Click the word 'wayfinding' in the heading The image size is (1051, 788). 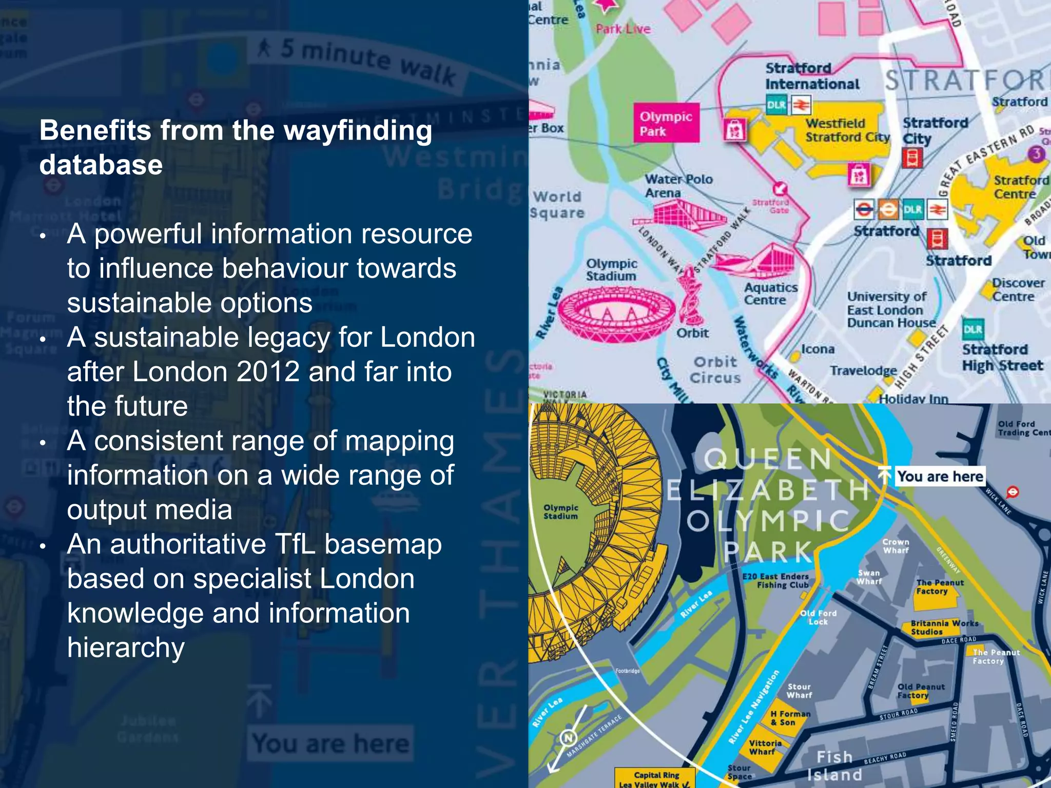tap(358, 131)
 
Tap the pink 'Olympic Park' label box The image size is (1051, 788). tap(666, 123)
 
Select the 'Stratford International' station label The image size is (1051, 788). tap(811, 76)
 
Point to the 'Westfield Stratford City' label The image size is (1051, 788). tap(847, 130)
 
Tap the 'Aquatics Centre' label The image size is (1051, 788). tap(771, 293)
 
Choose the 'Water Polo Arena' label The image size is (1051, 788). tap(678, 186)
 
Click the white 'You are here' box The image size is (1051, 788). tap(940, 476)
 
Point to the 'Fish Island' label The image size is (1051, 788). tap(834, 765)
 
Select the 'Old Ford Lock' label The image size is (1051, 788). tap(818, 617)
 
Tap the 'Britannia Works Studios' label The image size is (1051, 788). tap(944, 627)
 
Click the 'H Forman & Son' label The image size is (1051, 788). tap(790, 718)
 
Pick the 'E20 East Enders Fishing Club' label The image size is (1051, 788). tap(775, 580)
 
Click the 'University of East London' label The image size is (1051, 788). tap(887, 303)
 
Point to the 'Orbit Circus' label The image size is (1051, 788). tap(715, 370)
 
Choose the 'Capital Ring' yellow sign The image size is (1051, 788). tap(656, 778)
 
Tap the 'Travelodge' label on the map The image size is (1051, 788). tap(863, 370)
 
